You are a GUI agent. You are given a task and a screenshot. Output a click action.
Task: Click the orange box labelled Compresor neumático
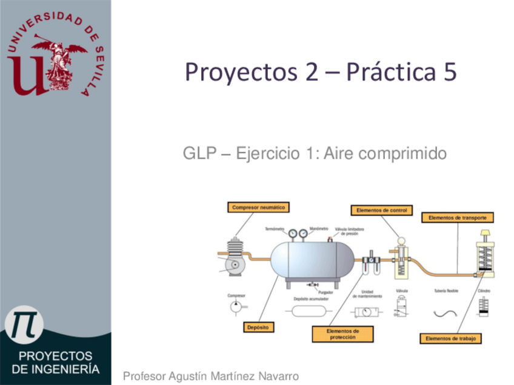tap(258, 207)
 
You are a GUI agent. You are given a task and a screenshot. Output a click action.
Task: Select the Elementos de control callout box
tap(381, 211)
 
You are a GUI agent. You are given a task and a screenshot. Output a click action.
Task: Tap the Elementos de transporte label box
tap(457, 217)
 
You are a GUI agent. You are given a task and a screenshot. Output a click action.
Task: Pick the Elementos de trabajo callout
tap(451, 338)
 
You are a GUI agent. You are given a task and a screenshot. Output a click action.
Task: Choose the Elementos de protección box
tap(342, 334)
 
